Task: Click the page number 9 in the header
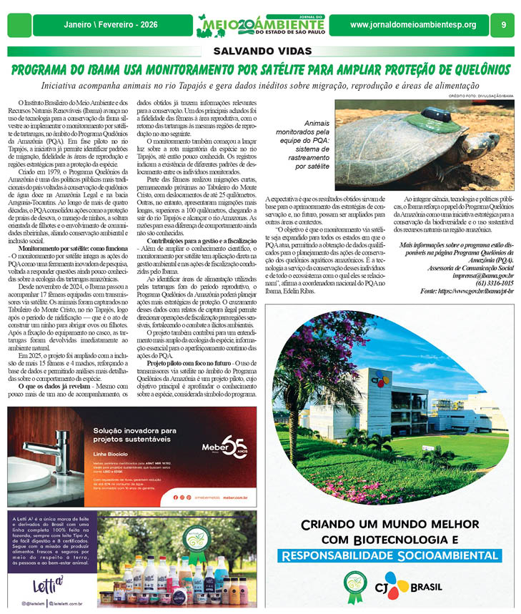(504, 25)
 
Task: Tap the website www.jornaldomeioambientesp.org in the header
(412, 25)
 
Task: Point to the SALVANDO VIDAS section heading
(260, 51)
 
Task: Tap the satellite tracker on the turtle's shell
(437, 116)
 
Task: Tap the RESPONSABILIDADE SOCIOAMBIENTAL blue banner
(389, 555)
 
